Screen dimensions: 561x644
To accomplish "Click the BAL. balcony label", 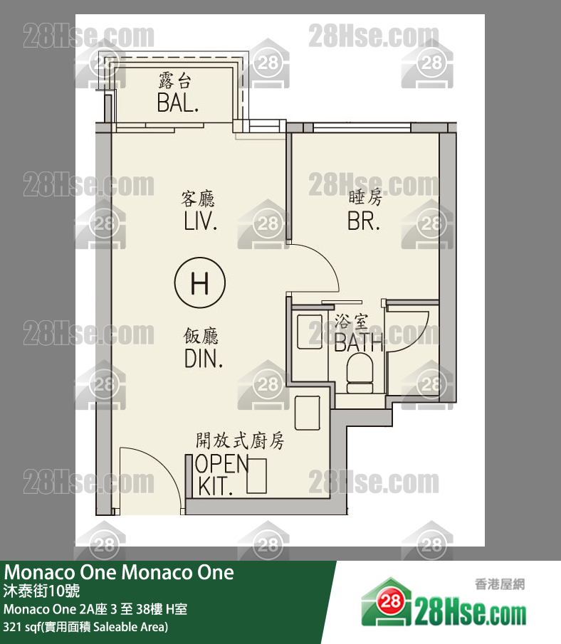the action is tap(178, 103).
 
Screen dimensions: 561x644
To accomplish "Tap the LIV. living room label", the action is tap(200, 221).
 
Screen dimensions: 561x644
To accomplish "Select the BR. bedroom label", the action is tap(364, 221).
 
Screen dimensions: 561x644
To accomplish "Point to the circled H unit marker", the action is tap(200, 283).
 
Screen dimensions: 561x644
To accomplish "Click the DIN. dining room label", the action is tap(204, 359).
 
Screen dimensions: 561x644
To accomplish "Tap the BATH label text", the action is tap(358, 342).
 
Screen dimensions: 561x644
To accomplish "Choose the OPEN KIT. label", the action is tap(222, 475).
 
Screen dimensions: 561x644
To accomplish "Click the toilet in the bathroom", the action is tap(360, 374).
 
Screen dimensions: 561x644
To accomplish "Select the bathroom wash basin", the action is tap(310, 332).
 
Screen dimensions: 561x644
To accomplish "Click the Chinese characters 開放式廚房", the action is tap(240, 440).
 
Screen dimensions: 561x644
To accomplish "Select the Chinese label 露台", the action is tap(175, 80).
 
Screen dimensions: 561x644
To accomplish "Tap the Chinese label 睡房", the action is tap(365, 198).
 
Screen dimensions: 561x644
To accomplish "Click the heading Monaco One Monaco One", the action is tap(119, 572).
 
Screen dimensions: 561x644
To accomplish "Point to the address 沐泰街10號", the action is tap(41, 591).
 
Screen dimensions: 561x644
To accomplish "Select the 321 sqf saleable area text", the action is tap(85, 627).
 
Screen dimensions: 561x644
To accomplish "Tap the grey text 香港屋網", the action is tap(500, 584).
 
